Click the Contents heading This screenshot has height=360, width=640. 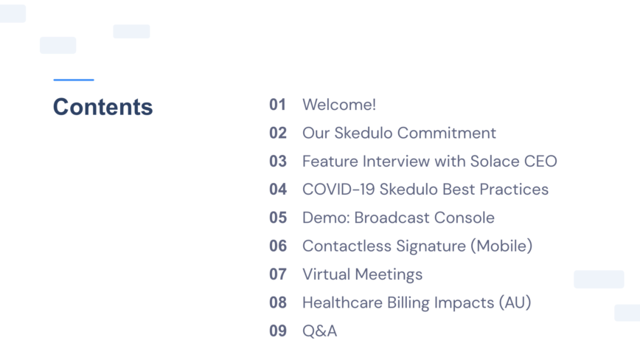pos(103,107)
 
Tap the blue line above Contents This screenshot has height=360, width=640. pos(74,80)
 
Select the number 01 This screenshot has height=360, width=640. pos(277,105)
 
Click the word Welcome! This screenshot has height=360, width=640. pos(339,105)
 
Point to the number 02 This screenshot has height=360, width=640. pos(278,133)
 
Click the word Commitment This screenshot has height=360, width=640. pos(447,133)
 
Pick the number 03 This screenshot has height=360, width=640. pos(278,162)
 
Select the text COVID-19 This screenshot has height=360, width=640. pos(338,190)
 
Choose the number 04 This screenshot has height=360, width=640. pos(278,190)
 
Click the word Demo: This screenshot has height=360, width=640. pos(326,218)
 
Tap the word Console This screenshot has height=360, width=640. pos(465,218)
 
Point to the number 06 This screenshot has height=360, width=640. pos(278,246)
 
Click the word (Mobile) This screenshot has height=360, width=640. pos(501,246)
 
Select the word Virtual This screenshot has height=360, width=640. pos(327,274)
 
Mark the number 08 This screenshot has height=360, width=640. pos(278,302)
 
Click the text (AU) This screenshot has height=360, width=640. pos(515,302)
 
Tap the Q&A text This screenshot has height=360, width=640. pos(320,331)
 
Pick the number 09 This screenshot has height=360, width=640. pos(278,331)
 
